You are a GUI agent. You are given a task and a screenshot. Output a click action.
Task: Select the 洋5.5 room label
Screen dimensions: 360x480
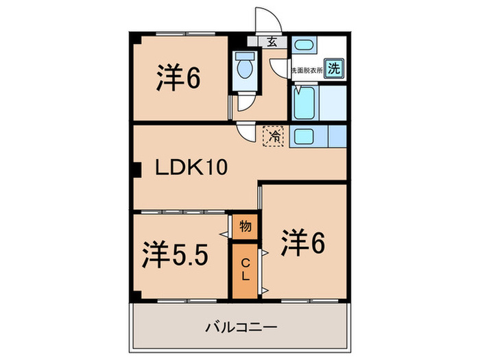pyautogui.click(x=175, y=256)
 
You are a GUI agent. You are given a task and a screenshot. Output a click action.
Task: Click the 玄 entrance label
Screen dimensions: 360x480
pyautogui.click(x=272, y=41)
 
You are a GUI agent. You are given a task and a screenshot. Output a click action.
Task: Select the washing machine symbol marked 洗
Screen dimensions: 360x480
pyautogui.click(x=334, y=68)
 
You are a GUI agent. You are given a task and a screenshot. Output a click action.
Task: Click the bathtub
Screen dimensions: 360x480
pyautogui.click(x=303, y=103)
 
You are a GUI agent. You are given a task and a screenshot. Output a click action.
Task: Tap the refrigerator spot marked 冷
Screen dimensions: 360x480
pyautogui.click(x=273, y=136)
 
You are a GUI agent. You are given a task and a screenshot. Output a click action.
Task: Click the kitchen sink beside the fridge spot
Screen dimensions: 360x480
pyautogui.click(x=303, y=135)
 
